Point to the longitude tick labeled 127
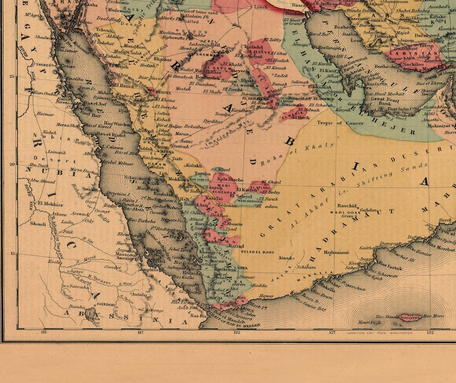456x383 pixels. click(x=332, y=332)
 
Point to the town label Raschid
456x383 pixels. click(x=347, y=205)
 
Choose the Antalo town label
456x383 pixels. click(x=140, y=294)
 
